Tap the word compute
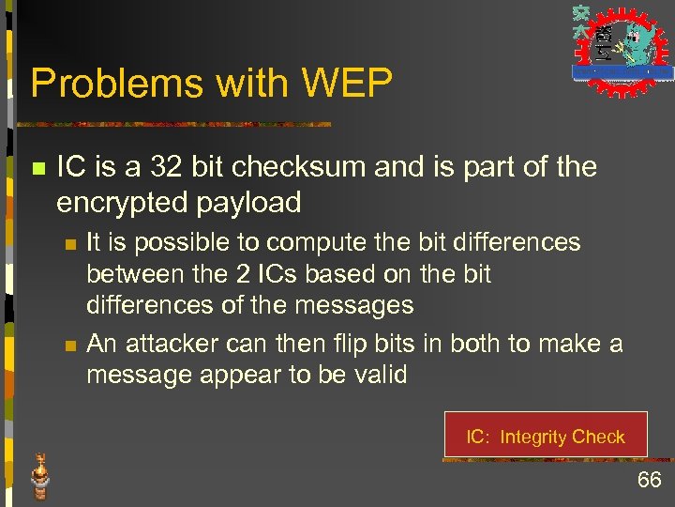(x=302, y=242)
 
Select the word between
(x=133, y=274)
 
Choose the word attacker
(x=171, y=344)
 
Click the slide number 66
(x=649, y=481)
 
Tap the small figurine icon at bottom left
(x=39, y=476)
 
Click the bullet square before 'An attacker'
(x=68, y=346)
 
